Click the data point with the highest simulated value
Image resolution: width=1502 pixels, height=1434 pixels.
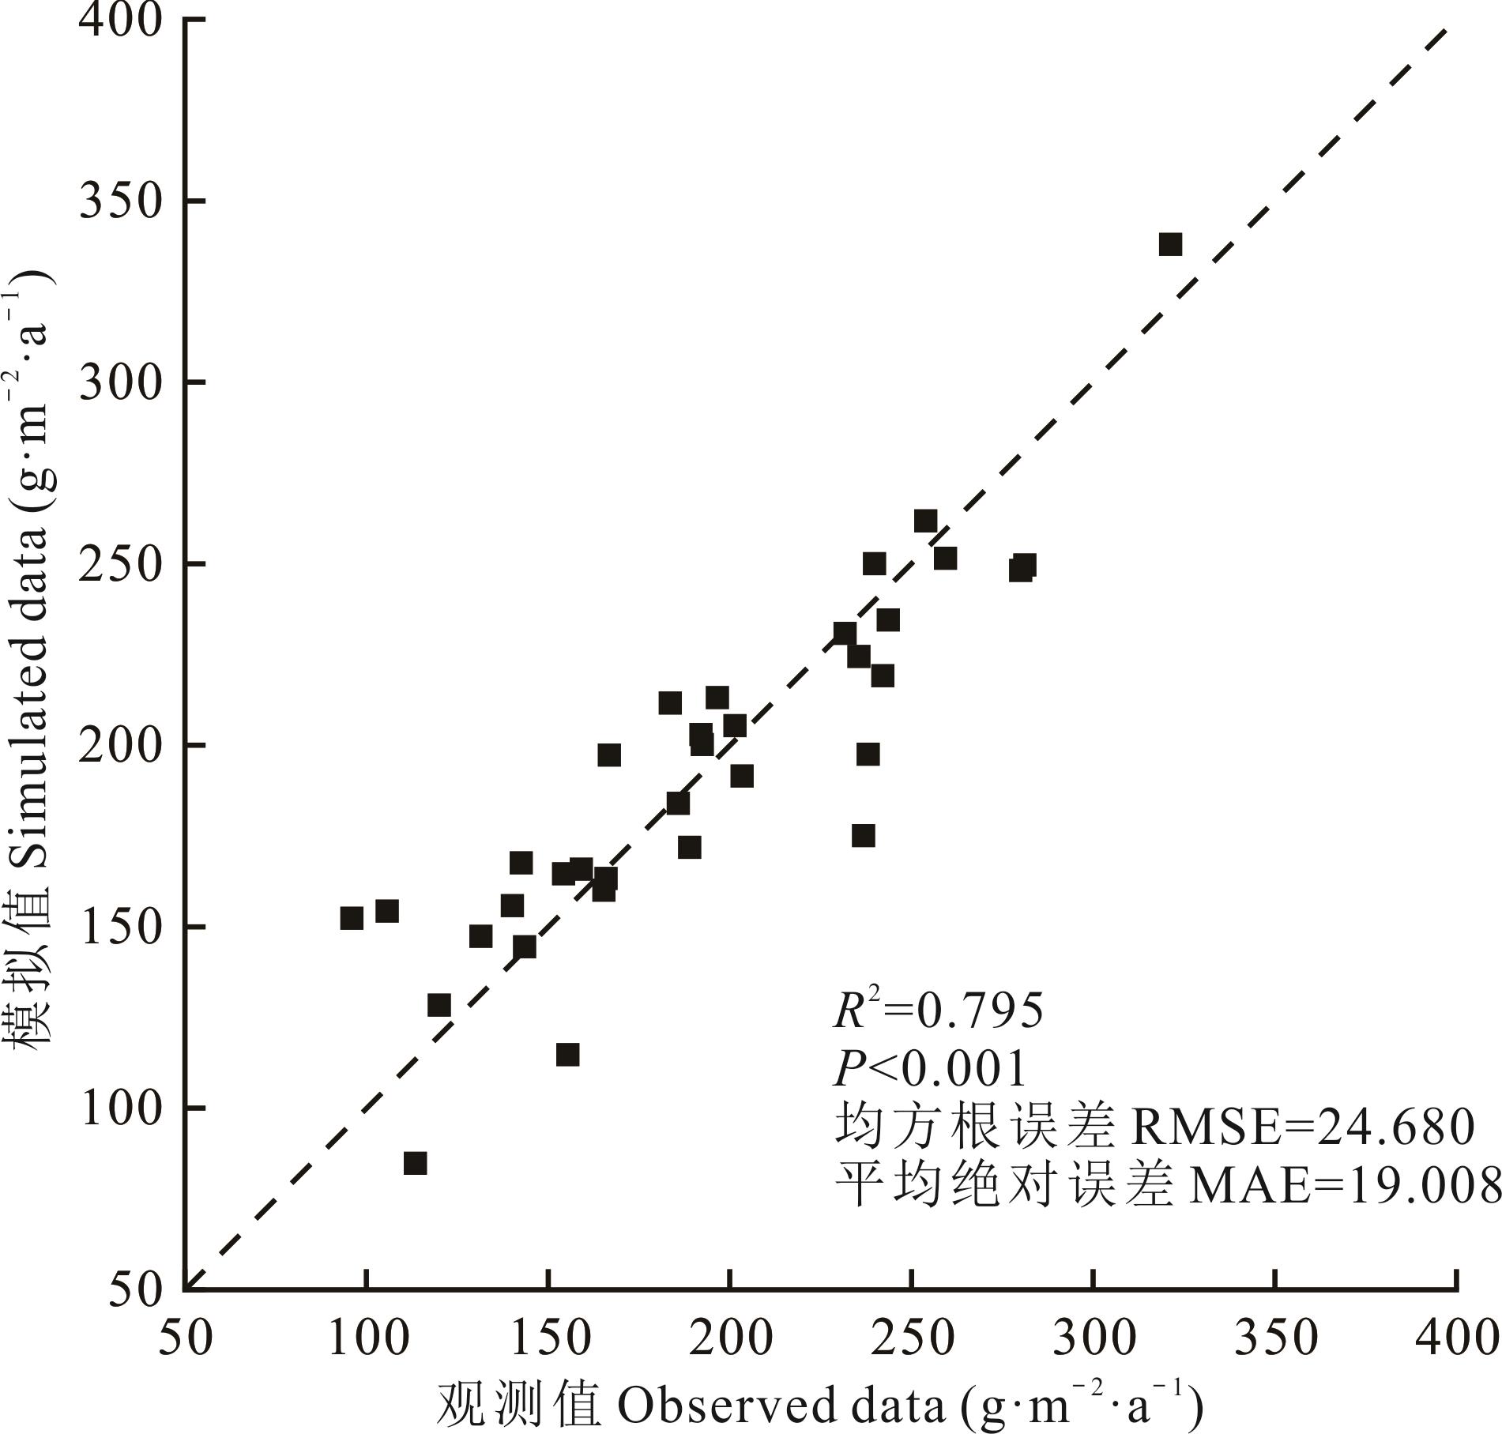pos(1170,244)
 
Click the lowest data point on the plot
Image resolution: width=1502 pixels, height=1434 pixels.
pos(415,1164)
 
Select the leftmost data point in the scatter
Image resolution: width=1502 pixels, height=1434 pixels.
pos(352,918)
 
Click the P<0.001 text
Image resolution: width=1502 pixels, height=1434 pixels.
pos(930,1069)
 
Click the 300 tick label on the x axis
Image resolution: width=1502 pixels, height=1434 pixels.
pos(1094,1338)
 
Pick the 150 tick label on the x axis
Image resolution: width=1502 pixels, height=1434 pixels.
pos(549,1338)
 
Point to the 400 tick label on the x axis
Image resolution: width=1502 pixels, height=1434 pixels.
pos(1457,1338)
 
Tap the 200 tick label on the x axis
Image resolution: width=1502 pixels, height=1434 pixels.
pos(731,1338)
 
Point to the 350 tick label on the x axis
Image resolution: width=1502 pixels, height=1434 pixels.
pos(1275,1338)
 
